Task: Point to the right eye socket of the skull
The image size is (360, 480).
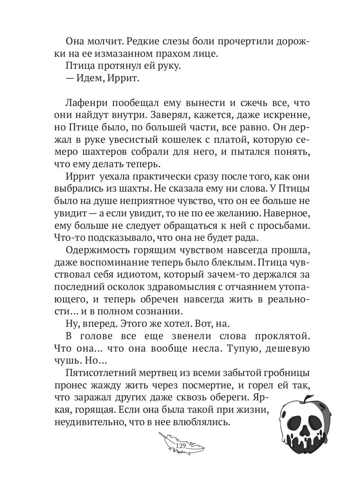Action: coord(320,422)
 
